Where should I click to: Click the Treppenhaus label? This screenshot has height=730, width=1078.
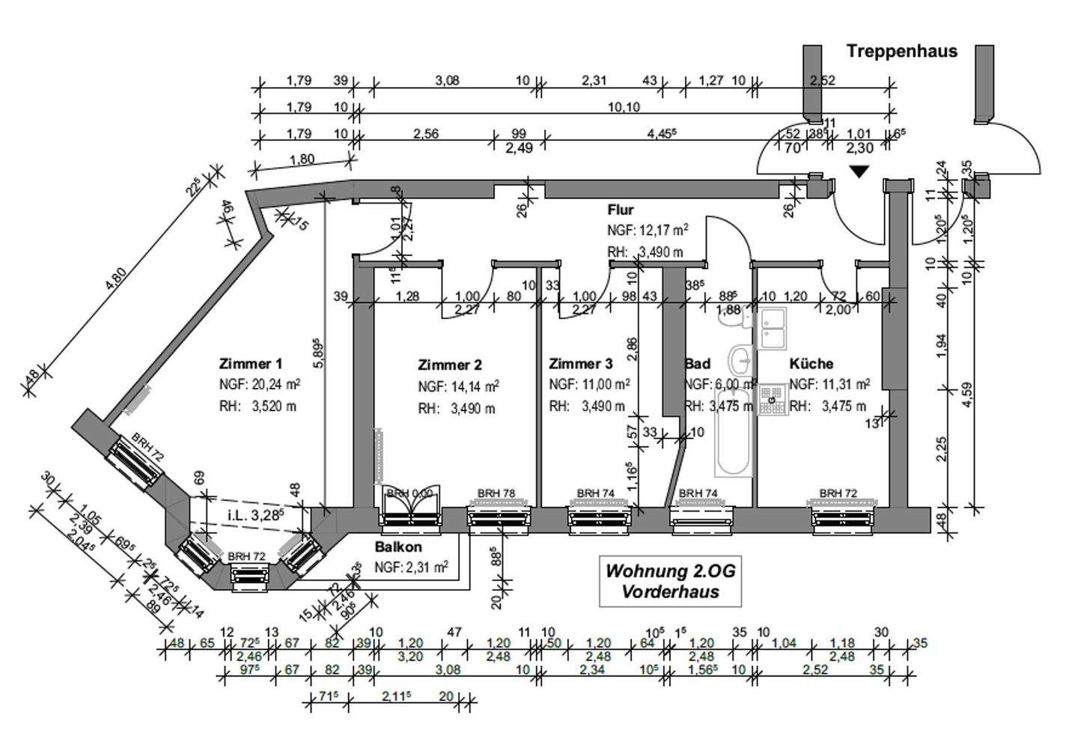(x=901, y=51)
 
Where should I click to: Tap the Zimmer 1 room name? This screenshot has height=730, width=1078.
(x=250, y=365)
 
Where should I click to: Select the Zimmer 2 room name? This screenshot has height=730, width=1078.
(x=449, y=365)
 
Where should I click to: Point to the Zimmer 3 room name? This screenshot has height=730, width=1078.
(x=580, y=365)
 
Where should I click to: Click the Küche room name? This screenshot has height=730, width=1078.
(x=811, y=364)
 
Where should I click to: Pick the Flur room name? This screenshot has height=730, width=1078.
(x=620, y=210)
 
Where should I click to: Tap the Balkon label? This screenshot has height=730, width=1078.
(x=398, y=547)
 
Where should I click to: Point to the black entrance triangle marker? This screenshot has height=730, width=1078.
(x=859, y=171)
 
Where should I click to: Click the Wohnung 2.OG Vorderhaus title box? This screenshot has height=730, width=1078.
(x=670, y=581)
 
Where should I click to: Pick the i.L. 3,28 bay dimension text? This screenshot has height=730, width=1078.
(x=257, y=514)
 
